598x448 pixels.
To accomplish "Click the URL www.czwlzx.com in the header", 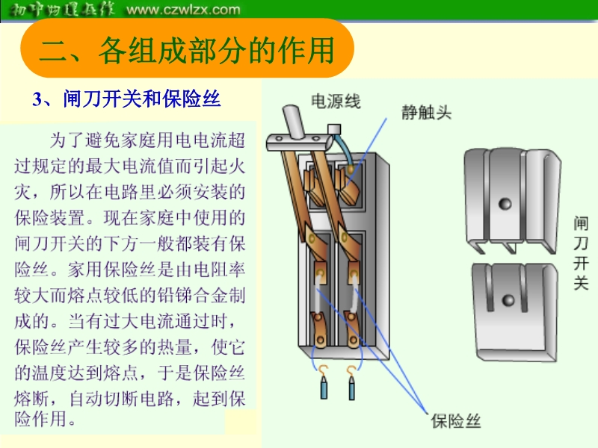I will pyautogui.click(x=184, y=10).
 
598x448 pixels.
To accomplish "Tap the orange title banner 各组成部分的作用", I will pyautogui.click(x=186, y=50).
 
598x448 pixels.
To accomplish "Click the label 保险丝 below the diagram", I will pyautogui.click(x=455, y=421).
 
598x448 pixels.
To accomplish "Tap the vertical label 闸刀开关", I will pyautogui.click(x=581, y=254).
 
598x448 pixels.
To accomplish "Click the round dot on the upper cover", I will pyautogui.click(x=505, y=203).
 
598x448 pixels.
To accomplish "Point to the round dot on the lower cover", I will pyautogui.click(x=509, y=300).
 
